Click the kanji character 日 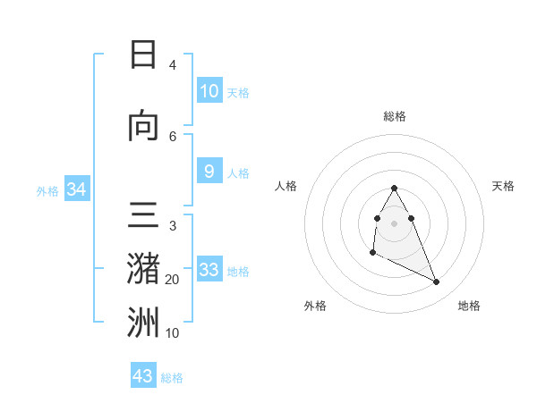[x=143, y=55]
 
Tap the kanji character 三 [x=143, y=217]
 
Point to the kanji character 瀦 [x=143, y=268]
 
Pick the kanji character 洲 [x=143, y=323]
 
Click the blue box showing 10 [x=209, y=91]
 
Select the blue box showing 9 [x=209, y=172]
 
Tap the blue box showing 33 [x=209, y=270]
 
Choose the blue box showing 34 [x=76, y=189]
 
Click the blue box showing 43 [x=143, y=375]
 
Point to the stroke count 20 [x=173, y=280]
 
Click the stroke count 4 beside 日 [x=173, y=65]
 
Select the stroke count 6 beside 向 [x=173, y=136]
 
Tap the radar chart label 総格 [x=395, y=116]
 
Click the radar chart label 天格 [x=504, y=186]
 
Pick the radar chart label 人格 [x=286, y=186]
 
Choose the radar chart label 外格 [x=315, y=306]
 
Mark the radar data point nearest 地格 [x=437, y=282]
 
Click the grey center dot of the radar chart [x=395, y=223]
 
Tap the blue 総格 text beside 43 [x=172, y=378]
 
